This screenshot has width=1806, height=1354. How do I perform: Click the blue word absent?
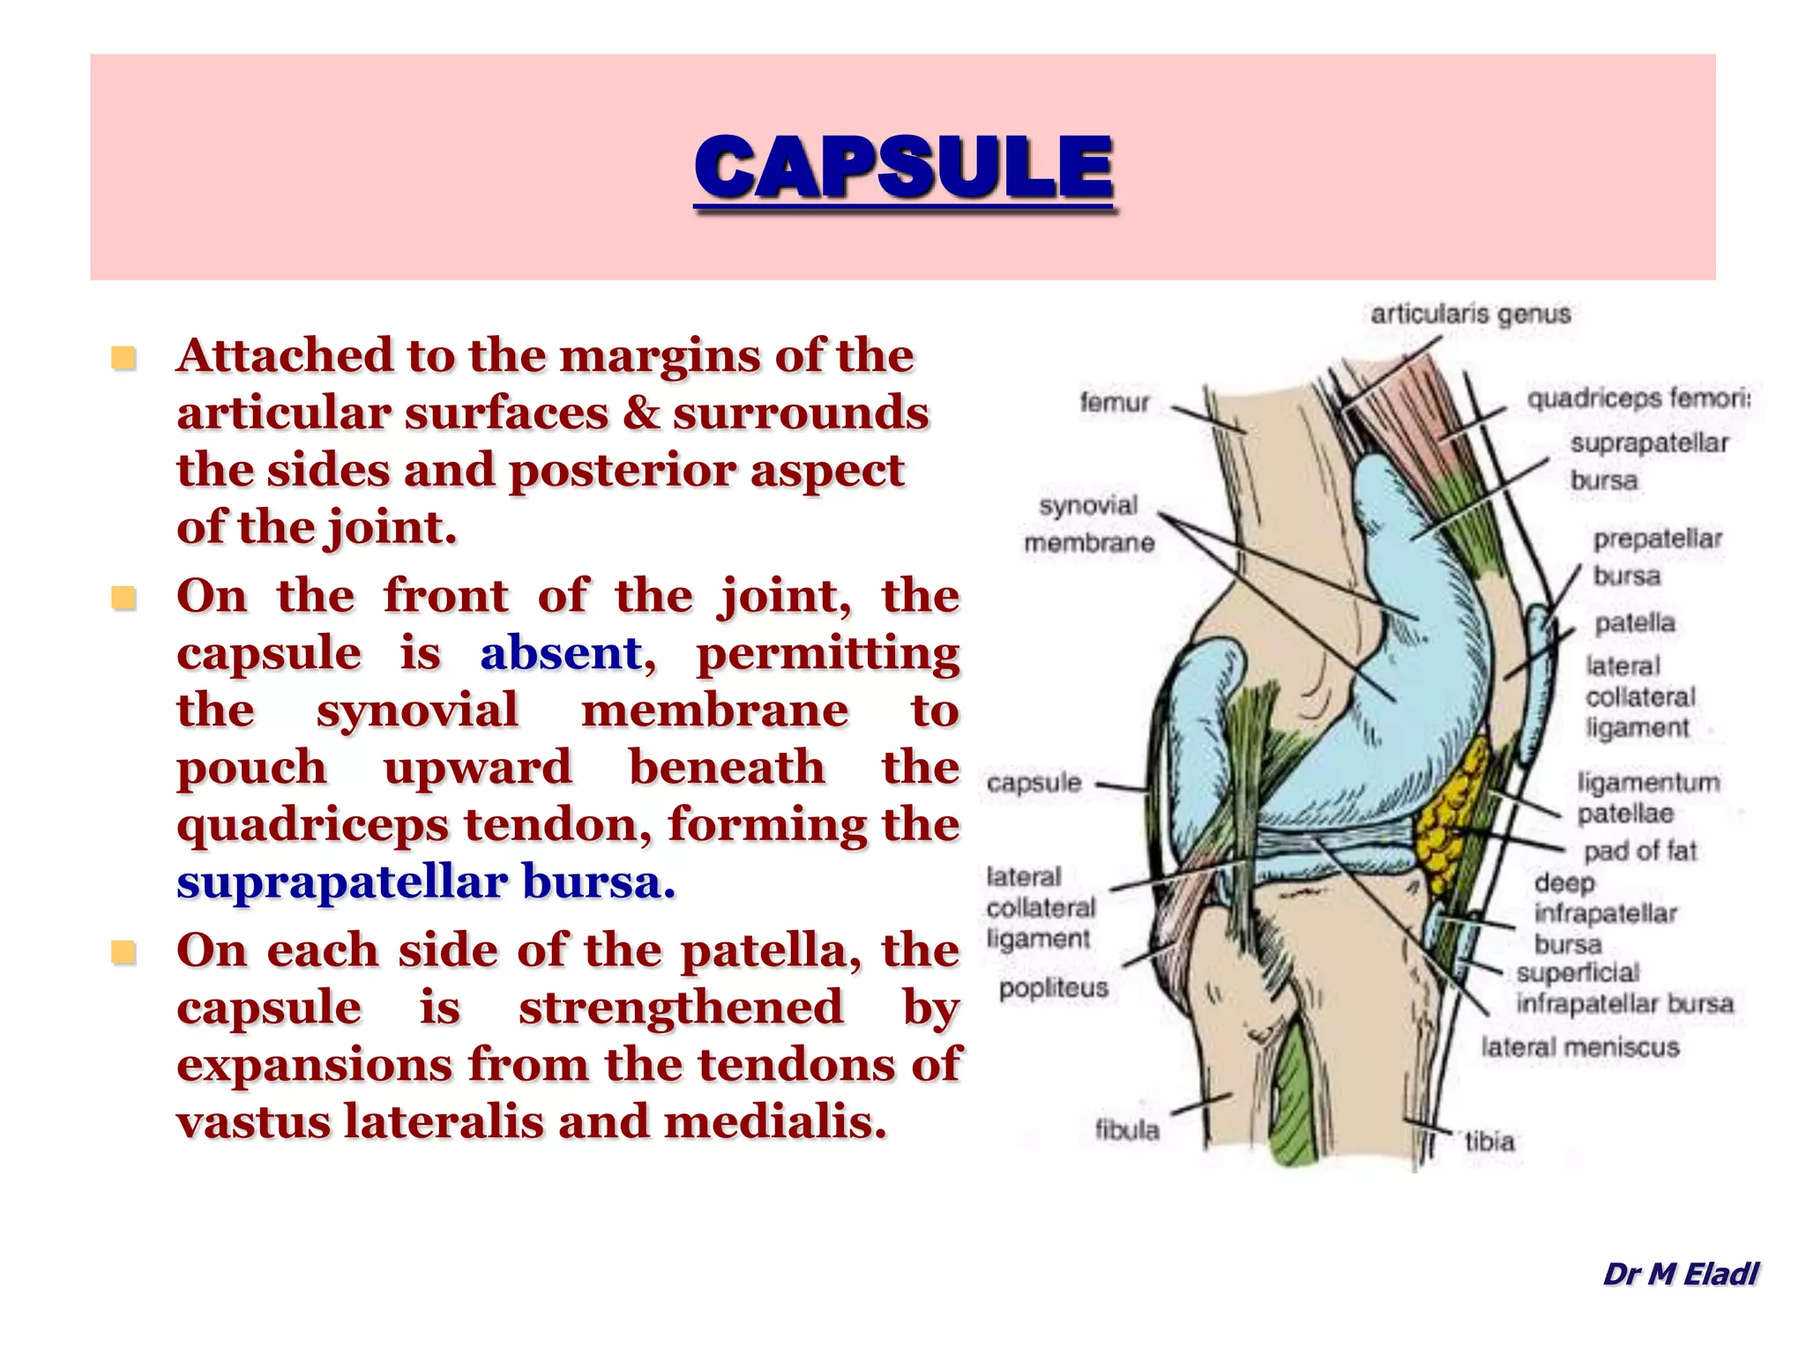561,653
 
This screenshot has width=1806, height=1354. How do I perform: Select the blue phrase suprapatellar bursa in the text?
425,882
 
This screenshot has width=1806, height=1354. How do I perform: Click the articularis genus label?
1470,315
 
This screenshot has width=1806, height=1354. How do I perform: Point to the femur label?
1115,403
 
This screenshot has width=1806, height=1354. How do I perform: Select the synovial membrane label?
1089,524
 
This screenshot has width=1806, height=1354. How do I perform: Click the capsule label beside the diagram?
1034,783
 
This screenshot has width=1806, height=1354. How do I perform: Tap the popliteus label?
1053,987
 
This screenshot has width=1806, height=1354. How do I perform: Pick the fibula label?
1127,1129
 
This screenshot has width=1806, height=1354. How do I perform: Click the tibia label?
1489,1142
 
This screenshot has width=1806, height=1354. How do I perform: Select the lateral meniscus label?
1579,1047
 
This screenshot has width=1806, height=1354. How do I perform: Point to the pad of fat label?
1639,851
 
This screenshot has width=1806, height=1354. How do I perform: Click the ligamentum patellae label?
1647,798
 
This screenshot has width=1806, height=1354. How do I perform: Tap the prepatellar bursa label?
1656,557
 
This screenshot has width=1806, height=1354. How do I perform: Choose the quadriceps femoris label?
1638,399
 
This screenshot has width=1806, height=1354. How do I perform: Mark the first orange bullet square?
123,358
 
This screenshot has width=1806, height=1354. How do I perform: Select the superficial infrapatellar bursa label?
1623,988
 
